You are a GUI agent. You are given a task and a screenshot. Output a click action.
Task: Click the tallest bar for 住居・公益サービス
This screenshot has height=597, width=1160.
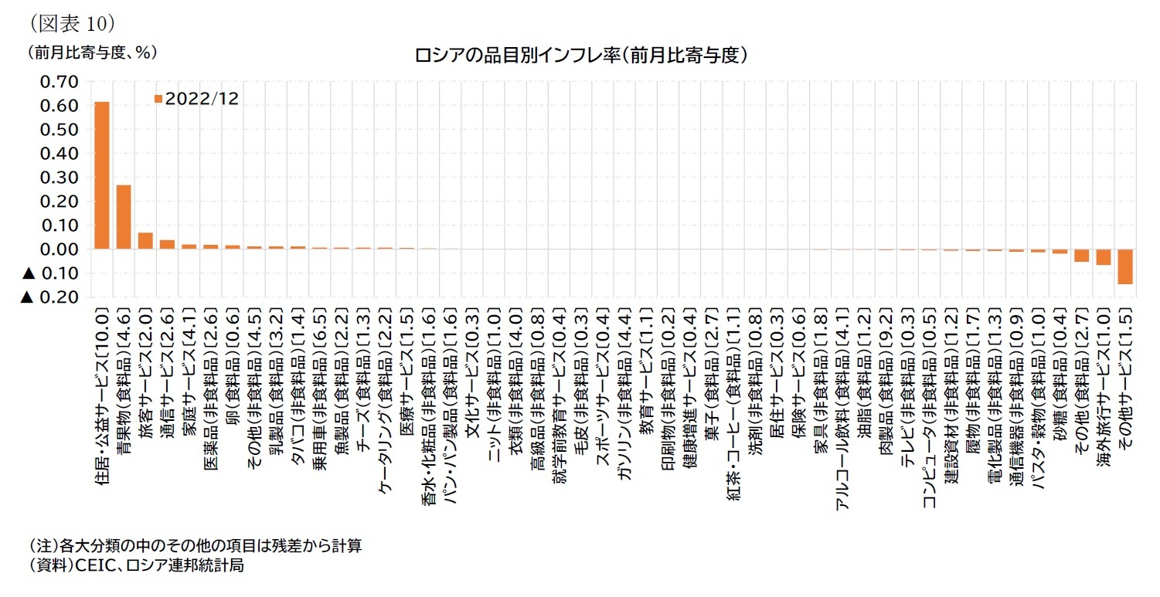[x=102, y=175]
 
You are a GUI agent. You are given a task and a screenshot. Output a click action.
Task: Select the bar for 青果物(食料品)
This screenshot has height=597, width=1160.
[x=124, y=217]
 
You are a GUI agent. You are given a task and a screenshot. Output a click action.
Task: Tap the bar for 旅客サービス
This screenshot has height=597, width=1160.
[x=145, y=241]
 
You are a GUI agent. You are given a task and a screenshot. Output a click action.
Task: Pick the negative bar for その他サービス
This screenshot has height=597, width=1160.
[x=1125, y=266]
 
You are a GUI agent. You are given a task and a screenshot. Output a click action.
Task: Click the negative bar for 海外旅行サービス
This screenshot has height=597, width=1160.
[x=1104, y=257]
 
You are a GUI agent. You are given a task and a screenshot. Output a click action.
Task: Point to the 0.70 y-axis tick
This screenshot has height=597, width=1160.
[x=58, y=82]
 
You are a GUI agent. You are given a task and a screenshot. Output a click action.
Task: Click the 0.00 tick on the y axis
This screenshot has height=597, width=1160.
[x=58, y=249]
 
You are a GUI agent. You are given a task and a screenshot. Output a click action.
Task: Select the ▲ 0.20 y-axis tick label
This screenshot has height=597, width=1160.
[x=50, y=297]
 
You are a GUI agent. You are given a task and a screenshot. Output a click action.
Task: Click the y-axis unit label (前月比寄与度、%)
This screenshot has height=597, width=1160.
[x=91, y=53]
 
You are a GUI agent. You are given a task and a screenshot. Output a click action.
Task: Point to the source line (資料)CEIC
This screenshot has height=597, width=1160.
[x=136, y=565]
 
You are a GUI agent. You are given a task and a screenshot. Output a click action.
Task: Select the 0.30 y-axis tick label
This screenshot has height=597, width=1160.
[x=58, y=178]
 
